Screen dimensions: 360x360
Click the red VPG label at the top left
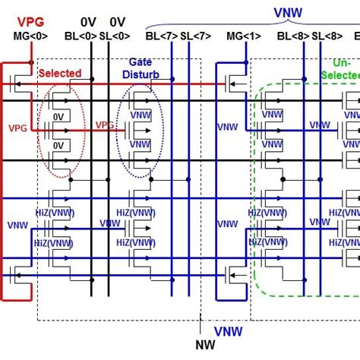[x=28, y=21]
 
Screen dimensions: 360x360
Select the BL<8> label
[x=292, y=36]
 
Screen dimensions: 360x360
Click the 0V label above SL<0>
[x=118, y=22]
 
